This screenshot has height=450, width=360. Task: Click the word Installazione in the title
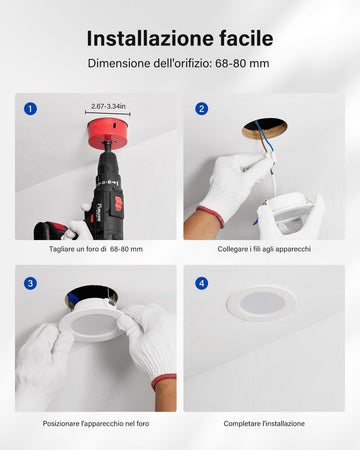[x=150, y=38]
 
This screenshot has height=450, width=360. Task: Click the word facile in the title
[x=246, y=38]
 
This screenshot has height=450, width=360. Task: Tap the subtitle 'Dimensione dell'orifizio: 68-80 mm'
[x=179, y=63]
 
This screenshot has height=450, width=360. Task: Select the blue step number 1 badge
[x=30, y=109]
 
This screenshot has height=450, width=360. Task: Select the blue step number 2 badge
[x=201, y=109]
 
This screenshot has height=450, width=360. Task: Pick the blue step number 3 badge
[x=30, y=283]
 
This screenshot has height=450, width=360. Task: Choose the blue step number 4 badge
[x=201, y=283]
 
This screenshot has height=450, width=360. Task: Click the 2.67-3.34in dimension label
[x=108, y=106]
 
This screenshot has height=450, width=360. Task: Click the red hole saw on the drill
[x=108, y=134]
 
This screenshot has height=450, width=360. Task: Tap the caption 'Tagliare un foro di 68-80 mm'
[x=96, y=249]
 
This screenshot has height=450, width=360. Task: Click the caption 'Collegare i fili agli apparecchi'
[x=264, y=249]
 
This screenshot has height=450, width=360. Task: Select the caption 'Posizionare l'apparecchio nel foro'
[x=96, y=424]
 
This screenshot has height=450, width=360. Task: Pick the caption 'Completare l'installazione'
[x=264, y=424]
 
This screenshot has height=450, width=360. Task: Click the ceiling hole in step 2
[x=265, y=129]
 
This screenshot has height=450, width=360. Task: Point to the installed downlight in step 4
[x=262, y=303]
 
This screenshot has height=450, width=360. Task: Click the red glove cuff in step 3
[x=163, y=382]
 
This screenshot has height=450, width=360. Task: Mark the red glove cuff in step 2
[x=211, y=217]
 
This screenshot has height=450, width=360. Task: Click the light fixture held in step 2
[x=288, y=213]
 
